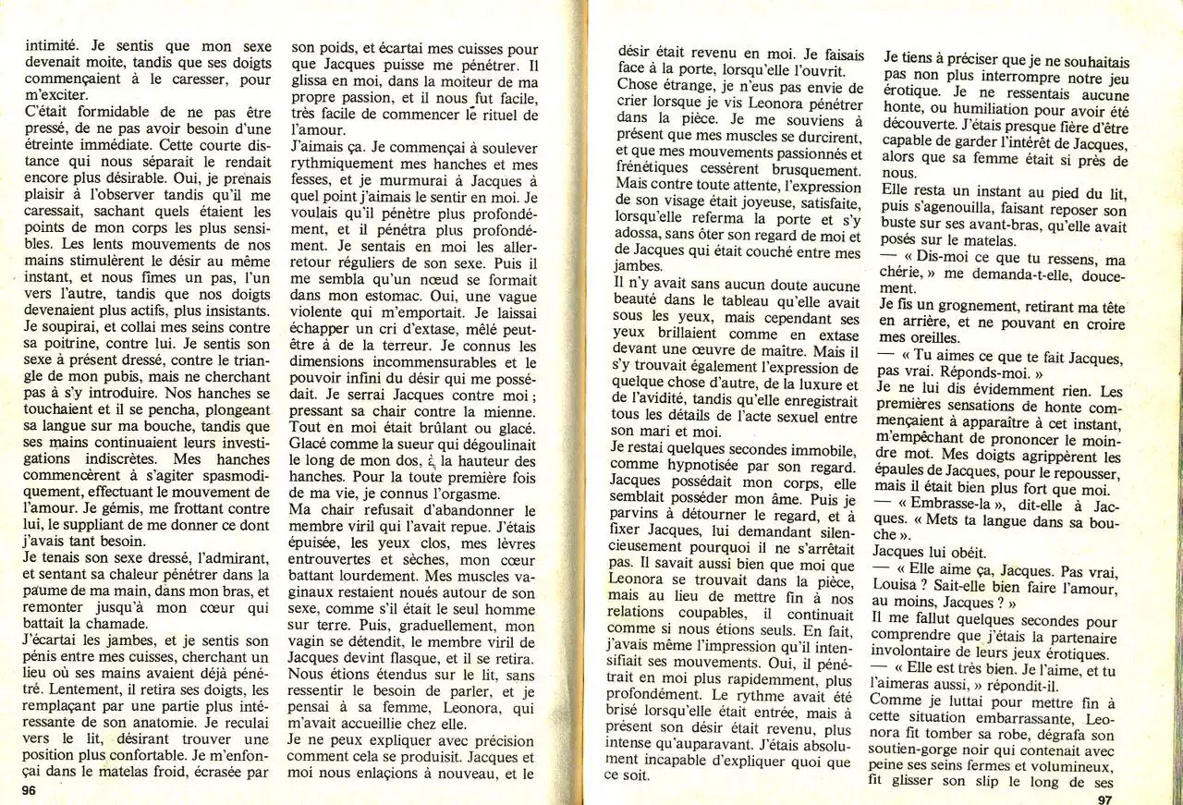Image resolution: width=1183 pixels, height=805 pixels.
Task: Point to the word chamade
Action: point(103,625)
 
